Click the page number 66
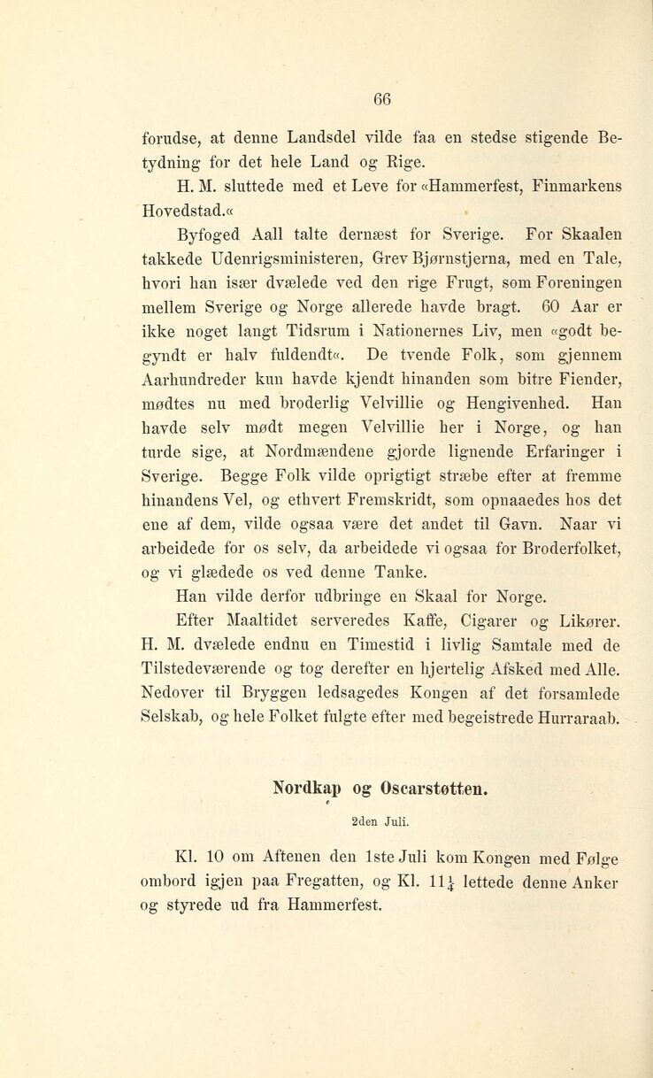381,96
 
